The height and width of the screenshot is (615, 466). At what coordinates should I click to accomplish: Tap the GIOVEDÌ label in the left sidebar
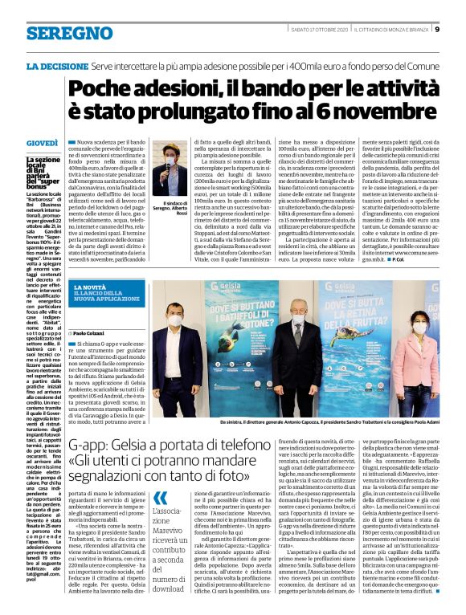click(41, 144)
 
